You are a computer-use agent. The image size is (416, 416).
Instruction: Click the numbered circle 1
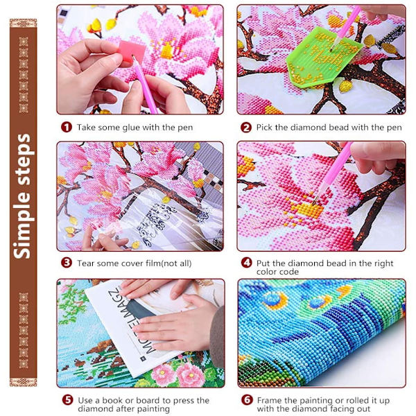67,127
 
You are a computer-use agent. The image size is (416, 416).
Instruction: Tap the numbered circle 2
246,128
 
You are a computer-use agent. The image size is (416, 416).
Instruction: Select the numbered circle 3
67,263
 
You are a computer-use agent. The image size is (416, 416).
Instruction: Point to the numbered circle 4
246,263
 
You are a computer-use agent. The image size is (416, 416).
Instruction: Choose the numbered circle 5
68,400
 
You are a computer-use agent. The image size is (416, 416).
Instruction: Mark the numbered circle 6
247,400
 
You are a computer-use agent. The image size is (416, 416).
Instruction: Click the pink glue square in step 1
132,51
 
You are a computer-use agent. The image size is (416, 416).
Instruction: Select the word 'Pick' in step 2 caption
264,128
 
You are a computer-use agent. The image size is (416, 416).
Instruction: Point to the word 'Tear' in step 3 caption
85,263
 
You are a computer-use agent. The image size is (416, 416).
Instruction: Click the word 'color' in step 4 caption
266,272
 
